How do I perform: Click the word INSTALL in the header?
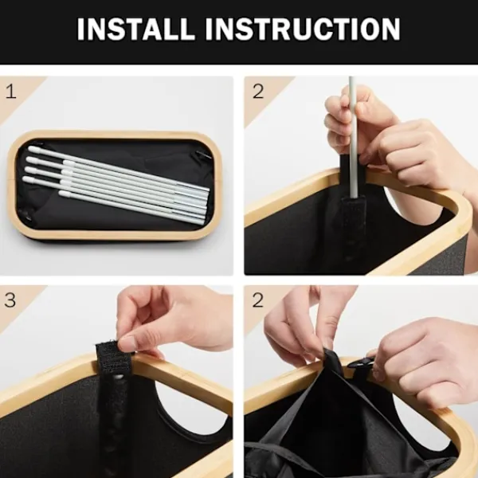[135, 29]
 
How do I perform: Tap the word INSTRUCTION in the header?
[303, 29]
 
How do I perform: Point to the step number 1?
[11, 92]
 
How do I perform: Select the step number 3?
[10, 300]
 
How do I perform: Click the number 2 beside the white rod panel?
[258, 91]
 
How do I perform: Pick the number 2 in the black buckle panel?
[258, 300]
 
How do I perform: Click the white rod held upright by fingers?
[353, 137]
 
